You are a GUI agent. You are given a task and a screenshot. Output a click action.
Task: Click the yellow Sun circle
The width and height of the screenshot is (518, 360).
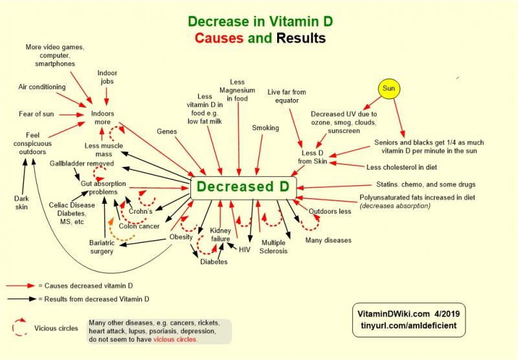(388, 87)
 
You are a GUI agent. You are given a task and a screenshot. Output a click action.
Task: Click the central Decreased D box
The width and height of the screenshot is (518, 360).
(243, 187)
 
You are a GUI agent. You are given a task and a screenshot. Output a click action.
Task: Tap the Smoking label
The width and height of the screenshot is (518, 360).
(265, 128)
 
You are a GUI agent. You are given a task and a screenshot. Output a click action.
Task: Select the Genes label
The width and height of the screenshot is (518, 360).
(167, 131)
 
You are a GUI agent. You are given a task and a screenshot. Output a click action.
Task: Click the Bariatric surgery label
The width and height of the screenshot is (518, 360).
(102, 246)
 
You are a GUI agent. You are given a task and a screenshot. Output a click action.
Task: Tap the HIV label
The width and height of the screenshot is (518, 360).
(244, 249)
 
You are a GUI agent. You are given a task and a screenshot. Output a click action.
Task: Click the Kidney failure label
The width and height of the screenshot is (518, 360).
(220, 234)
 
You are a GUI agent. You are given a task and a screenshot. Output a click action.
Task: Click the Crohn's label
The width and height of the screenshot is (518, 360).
(141, 211)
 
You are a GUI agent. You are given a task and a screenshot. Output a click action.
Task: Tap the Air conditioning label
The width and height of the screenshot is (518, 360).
(41, 87)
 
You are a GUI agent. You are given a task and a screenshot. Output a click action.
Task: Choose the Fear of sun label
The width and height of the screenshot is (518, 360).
(36, 114)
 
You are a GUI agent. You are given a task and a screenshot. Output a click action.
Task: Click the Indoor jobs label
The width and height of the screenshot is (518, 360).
(107, 78)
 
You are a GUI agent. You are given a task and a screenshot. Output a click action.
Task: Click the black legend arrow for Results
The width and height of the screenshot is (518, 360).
(22, 299)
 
